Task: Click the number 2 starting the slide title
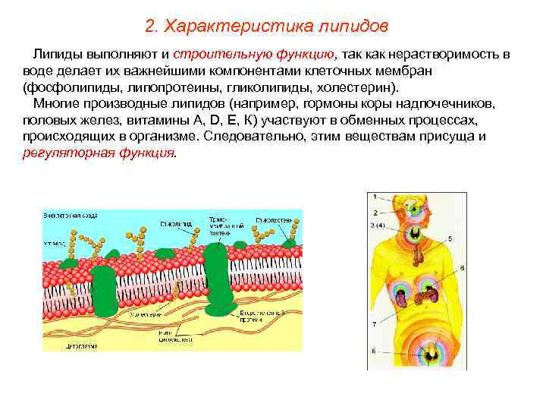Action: pos(149,27)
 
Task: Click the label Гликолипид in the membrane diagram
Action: pos(176,225)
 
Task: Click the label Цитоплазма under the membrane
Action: pos(59,343)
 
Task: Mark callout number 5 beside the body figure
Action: pos(450,238)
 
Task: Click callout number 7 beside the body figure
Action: pos(374,324)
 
